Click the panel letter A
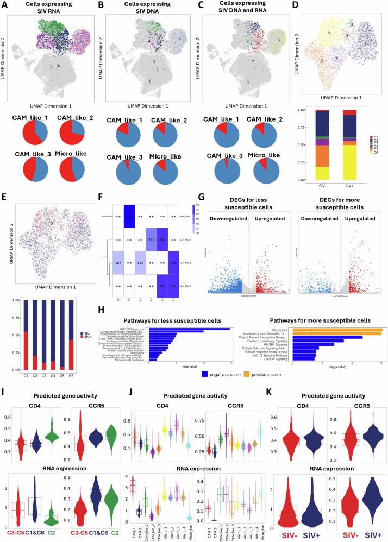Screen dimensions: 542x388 pyautogui.click(x=4, y=5)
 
